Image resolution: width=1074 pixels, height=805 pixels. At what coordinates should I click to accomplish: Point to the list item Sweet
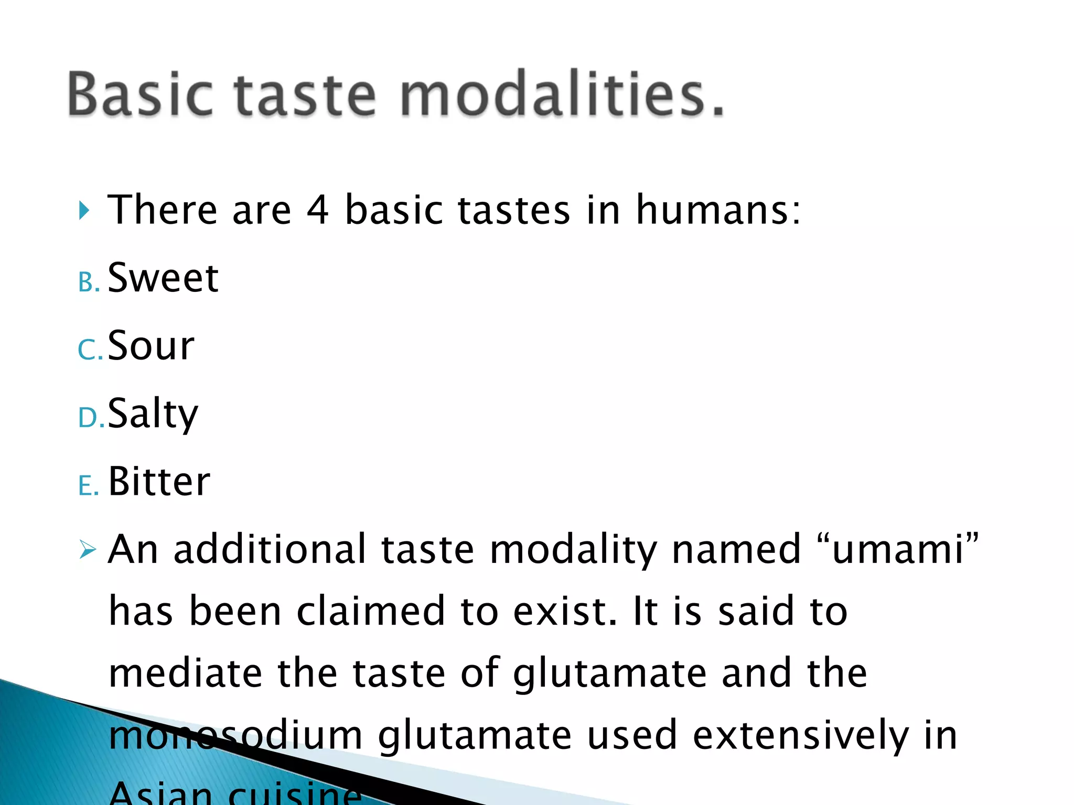tap(163, 278)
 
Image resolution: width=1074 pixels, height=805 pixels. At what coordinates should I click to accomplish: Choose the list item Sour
tap(151, 346)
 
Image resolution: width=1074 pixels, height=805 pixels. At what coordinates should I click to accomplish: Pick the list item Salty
tap(153, 414)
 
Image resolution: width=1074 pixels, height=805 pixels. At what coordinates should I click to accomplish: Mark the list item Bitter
tap(159, 481)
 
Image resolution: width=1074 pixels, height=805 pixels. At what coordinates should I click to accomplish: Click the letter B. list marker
tap(88, 283)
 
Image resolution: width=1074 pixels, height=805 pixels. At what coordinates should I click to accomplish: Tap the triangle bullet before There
tap(84, 211)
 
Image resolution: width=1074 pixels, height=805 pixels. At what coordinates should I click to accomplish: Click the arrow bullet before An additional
tap(88, 550)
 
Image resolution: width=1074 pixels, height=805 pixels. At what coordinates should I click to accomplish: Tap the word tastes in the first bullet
tap(514, 210)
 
